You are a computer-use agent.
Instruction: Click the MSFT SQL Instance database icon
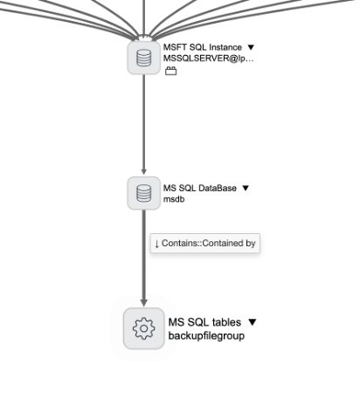(x=144, y=59)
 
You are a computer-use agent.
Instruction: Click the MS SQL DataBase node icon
(x=144, y=193)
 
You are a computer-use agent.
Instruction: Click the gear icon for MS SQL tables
(x=144, y=328)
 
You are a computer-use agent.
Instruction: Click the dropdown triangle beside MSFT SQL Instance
(x=251, y=47)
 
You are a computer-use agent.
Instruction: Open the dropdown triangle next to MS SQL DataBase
(x=246, y=188)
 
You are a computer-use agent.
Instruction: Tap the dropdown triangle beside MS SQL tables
(x=253, y=322)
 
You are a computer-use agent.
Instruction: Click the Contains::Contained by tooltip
(x=204, y=244)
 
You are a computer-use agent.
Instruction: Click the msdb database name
(x=173, y=199)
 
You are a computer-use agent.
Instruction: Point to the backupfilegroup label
(x=205, y=335)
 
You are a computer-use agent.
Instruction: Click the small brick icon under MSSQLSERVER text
(x=170, y=72)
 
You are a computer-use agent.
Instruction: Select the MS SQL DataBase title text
(x=200, y=188)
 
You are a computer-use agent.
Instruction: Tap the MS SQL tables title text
(x=206, y=322)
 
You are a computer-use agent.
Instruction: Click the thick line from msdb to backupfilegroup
(x=144, y=271)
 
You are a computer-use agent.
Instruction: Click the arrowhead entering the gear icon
(x=144, y=303)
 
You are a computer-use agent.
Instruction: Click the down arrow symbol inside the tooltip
(x=156, y=244)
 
